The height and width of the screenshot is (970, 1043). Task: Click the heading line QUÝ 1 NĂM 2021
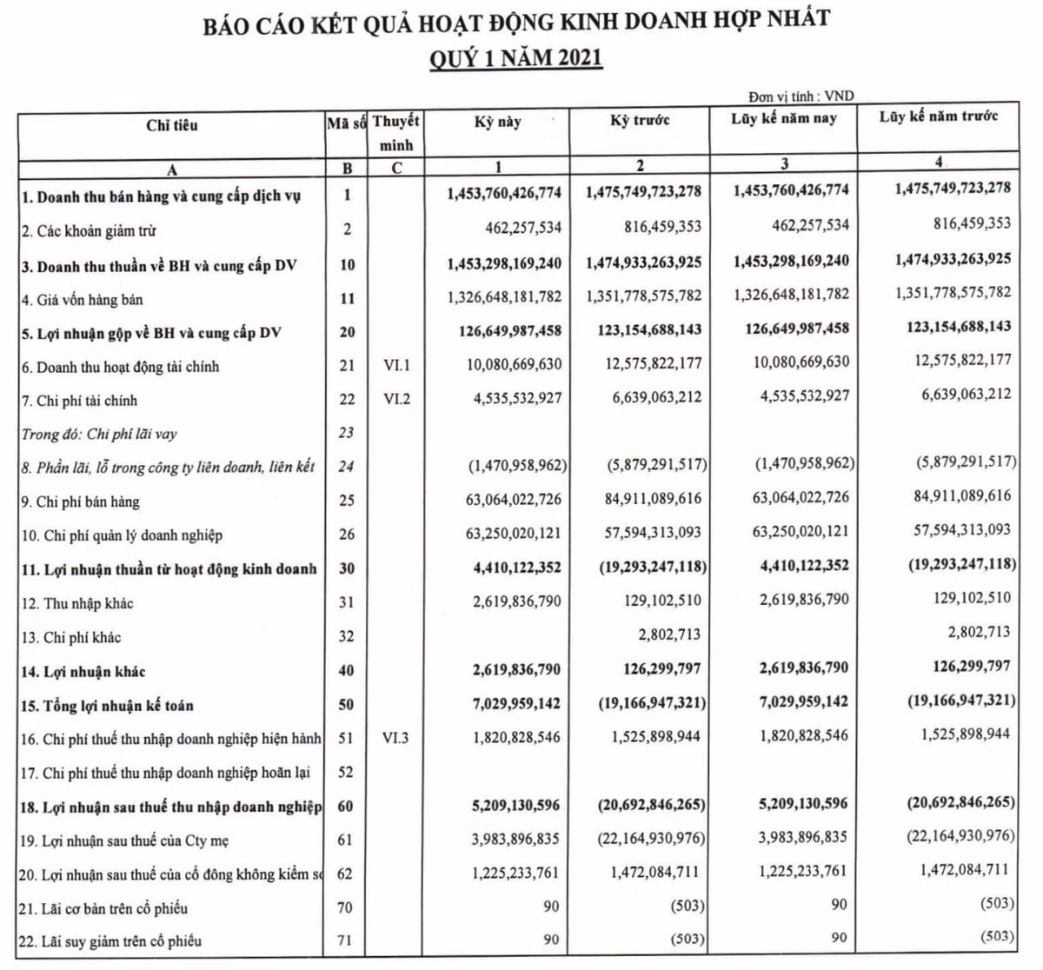(x=516, y=59)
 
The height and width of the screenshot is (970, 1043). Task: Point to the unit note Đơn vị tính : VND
(x=801, y=96)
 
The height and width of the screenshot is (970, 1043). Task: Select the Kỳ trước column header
(x=640, y=120)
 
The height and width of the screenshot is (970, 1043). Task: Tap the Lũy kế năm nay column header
(x=783, y=117)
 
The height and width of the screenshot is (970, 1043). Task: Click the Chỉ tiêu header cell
(x=172, y=125)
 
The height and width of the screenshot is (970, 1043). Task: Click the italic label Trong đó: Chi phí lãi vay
(x=99, y=434)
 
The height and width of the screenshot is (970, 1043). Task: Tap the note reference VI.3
(x=395, y=738)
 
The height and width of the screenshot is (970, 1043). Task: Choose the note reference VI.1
(x=395, y=367)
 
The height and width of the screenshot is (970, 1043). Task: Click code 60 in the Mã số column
(x=347, y=806)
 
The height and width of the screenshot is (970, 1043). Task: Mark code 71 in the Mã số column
(x=347, y=941)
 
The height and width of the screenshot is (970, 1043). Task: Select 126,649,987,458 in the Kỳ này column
(x=506, y=330)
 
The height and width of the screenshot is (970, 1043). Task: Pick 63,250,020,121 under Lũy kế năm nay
(x=792, y=532)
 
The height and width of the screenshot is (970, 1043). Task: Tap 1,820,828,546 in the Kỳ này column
(x=517, y=738)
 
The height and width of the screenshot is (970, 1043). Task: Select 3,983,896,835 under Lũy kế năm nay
(x=792, y=838)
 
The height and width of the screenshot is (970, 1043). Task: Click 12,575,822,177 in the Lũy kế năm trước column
(x=963, y=361)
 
